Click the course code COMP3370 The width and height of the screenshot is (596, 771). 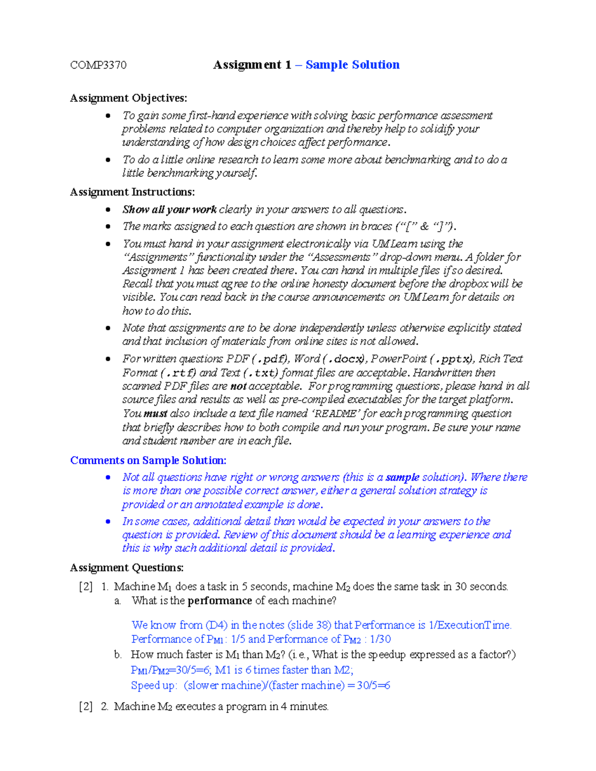(x=98, y=65)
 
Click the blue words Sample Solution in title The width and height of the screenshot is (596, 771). (x=352, y=65)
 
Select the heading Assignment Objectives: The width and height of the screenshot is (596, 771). (x=129, y=98)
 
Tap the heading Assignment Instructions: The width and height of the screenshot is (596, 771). (x=132, y=192)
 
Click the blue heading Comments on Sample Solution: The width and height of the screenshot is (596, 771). (x=148, y=460)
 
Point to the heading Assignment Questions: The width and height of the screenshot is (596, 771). (x=127, y=567)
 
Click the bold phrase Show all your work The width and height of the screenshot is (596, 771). (x=169, y=210)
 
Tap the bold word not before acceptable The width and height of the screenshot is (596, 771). (x=238, y=386)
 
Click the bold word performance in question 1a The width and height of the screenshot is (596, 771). (x=220, y=601)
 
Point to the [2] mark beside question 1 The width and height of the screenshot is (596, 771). (x=86, y=586)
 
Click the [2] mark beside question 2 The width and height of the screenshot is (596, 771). (x=86, y=706)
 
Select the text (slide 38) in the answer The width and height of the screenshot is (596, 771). (x=309, y=625)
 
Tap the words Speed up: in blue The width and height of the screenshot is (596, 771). (x=153, y=686)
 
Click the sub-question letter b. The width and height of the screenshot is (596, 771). (x=118, y=655)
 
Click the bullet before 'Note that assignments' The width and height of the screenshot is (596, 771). (x=108, y=328)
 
